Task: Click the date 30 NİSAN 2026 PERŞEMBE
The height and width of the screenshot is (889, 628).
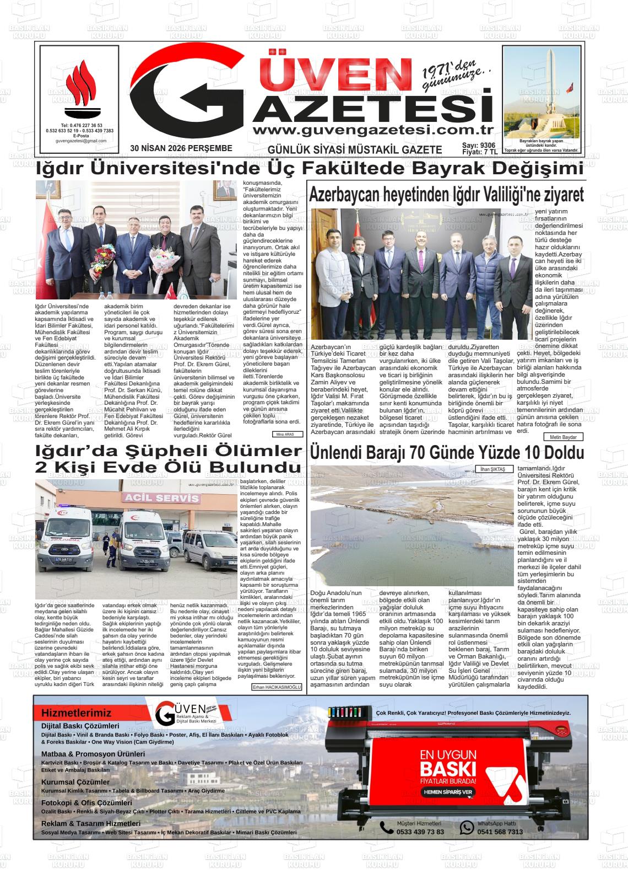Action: coord(181,149)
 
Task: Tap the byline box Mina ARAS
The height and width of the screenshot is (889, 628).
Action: coord(287,435)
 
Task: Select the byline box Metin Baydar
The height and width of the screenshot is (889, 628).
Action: coord(562,437)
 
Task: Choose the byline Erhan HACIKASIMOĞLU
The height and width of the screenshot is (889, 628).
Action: coord(277,687)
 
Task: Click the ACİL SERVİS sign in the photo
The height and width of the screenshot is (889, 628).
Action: coord(162,498)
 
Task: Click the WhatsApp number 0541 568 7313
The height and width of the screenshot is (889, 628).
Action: coord(500,832)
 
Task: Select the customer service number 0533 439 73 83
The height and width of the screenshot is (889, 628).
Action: coord(420,832)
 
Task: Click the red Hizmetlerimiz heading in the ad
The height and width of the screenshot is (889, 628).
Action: coord(76,713)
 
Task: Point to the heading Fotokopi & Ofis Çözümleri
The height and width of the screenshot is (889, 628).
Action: coord(86,802)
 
